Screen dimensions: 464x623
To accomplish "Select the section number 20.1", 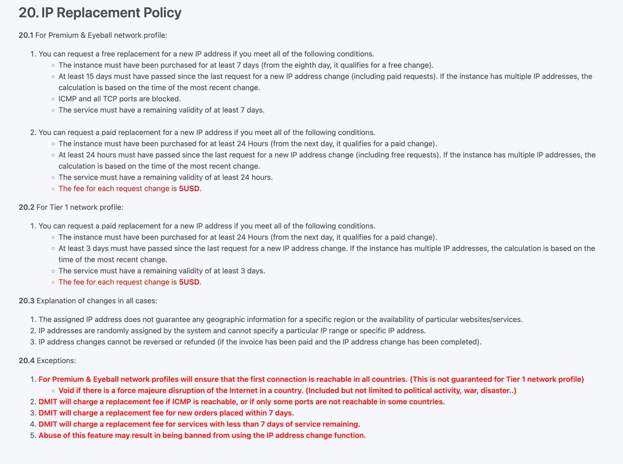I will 26,35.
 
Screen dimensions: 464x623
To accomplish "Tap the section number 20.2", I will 26,207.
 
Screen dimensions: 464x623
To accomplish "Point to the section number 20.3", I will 26,300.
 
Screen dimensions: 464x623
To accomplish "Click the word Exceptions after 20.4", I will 56,360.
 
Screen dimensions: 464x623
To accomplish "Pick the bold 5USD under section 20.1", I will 189,188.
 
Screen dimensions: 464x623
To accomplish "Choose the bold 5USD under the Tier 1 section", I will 189,282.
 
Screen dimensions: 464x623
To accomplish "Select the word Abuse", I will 50,435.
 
